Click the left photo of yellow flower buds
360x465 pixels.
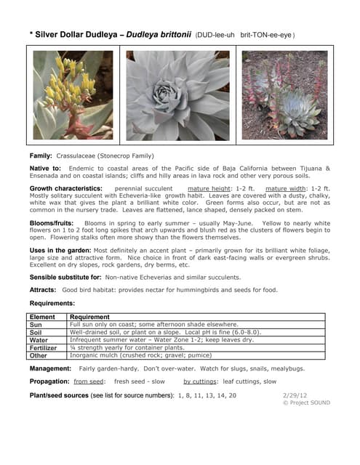coord(73,94)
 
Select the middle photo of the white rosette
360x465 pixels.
coord(177,94)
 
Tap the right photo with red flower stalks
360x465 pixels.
coord(284,94)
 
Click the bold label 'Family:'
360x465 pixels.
coord(41,155)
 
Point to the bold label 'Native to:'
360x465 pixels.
coord(45,168)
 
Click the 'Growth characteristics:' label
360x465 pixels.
coord(66,188)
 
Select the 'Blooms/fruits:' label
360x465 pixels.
coord(53,223)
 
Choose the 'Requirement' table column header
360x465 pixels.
coord(92,317)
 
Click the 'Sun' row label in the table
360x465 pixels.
coord(36,324)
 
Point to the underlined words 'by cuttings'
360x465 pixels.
coord(200,381)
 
